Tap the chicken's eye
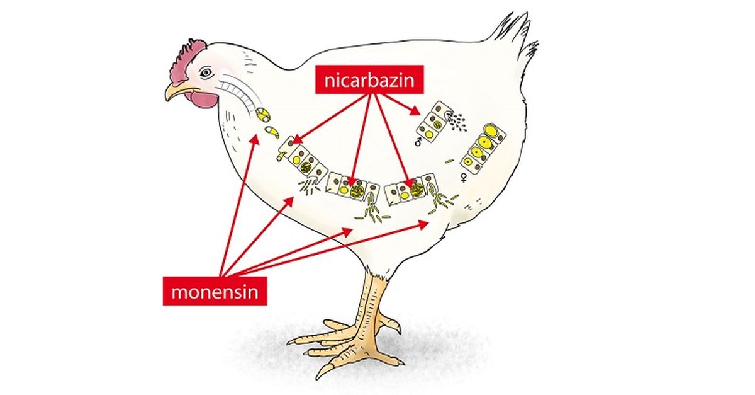(206, 73)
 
